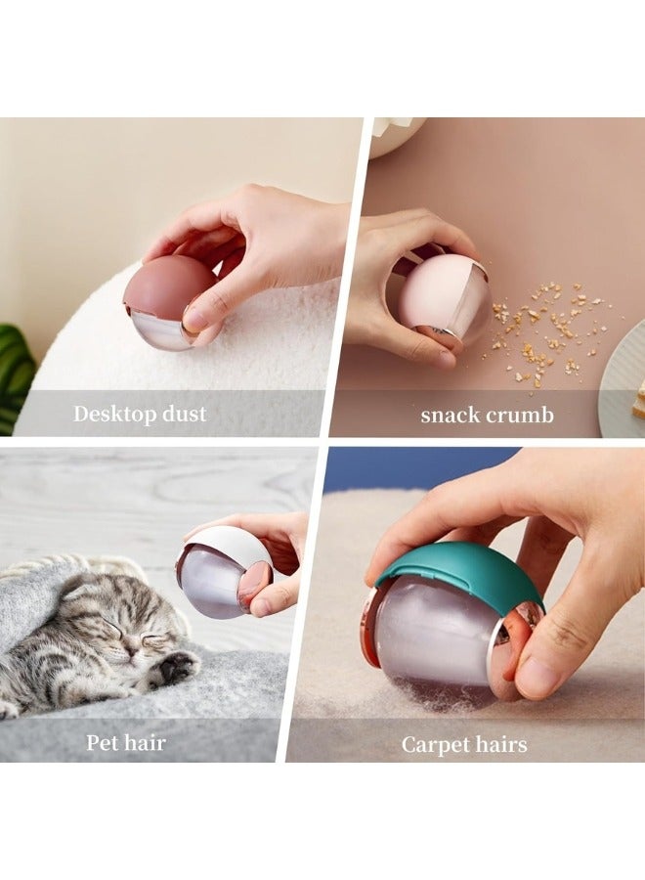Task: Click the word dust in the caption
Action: pyautogui.click(x=182, y=414)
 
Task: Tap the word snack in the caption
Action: pyautogui.click(x=451, y=415)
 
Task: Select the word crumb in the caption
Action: pyautogui.click(x=522, y=415)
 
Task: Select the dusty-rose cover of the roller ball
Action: pyautogui.click(x=165, y=284)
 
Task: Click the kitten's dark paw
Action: pyautogui.click(x=177, y=667)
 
